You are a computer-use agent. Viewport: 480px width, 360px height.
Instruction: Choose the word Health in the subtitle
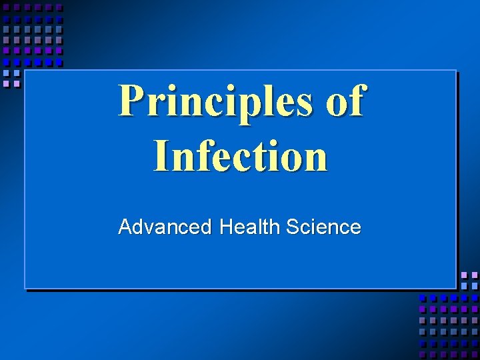pos(249,227)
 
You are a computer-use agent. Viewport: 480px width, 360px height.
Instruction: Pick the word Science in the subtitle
pos(323,227)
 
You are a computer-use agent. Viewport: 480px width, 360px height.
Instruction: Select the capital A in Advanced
pos(125,227)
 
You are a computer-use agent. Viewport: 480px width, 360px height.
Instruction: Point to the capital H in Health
pos(225,227)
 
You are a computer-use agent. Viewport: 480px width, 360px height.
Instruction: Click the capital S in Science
pos(292,227)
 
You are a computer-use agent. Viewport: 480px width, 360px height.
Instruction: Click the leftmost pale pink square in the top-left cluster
pos(7,84)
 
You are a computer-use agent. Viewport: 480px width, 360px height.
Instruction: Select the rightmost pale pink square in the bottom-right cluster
pos(475,275)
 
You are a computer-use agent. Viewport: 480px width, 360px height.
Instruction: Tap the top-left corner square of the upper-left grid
pos(7,7)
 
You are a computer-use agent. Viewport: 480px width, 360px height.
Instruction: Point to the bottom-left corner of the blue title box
pos(25,288)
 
